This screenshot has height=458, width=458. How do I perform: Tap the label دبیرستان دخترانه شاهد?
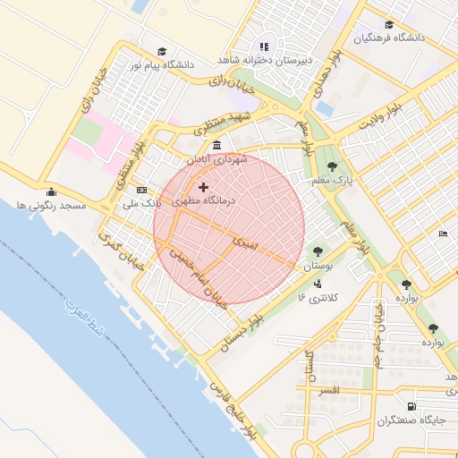click(x=265, y=60)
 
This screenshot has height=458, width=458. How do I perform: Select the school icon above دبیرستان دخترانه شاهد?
click(x=264, y=47)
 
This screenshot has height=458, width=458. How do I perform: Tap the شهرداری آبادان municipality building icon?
click(x=216, y=146)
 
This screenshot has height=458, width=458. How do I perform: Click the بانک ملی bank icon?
click(x=141, y=190)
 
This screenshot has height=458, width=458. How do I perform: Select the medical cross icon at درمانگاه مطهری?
click(x=203, y=188)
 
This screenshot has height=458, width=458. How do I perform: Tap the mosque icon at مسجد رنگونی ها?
click(x=50, y=191)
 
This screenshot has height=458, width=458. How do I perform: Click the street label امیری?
click(x=244, y=242)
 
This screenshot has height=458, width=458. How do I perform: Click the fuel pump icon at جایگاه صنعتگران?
click(x=411, y=406)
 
